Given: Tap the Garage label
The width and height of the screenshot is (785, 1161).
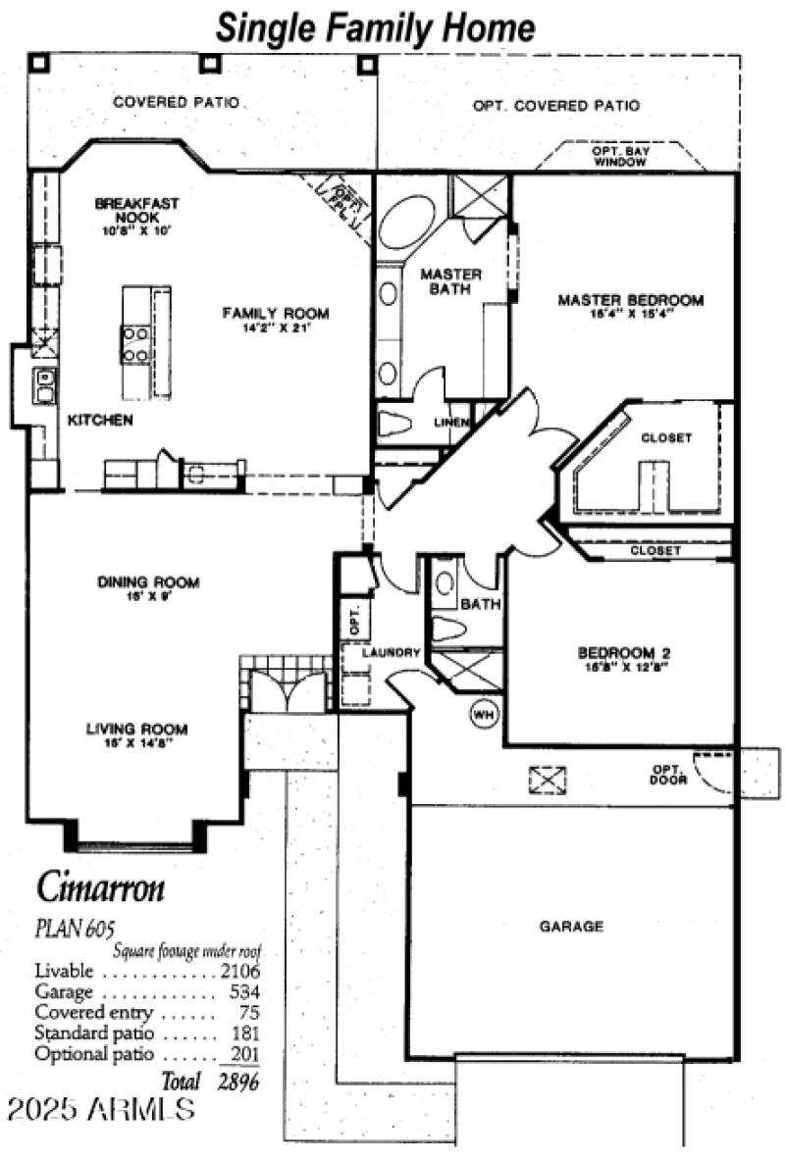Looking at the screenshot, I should click(x=570, y=926).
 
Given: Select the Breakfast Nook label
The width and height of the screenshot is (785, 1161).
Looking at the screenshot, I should click(x=136, y=209).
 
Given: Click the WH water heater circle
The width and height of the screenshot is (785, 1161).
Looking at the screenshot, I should click(x=484, y=715).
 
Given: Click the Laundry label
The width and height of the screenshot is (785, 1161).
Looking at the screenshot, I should click(x=391, y=653).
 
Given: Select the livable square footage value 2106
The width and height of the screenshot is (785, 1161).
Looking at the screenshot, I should click(x=240, y=971).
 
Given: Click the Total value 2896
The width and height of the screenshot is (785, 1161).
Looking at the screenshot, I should click(x=240, y=1082).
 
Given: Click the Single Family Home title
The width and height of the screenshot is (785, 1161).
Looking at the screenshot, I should click(x=376, y=26).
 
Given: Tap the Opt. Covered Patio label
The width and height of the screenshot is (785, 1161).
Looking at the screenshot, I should click(x=556, y=106).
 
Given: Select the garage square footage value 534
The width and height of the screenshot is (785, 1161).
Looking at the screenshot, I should click(x=245, y=992).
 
